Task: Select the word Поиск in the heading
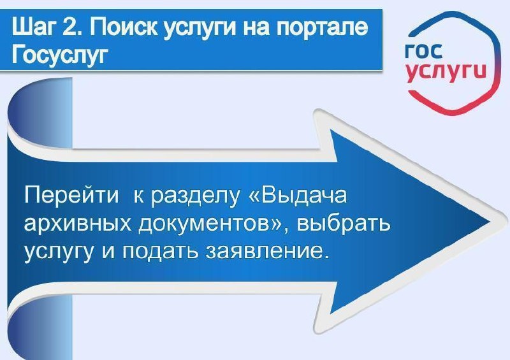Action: point(121,27)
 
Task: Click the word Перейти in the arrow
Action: point(71,196)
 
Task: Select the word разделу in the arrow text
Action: point(194,196)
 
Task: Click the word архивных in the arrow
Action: point(74,224)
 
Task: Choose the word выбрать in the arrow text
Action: point(343,224)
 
